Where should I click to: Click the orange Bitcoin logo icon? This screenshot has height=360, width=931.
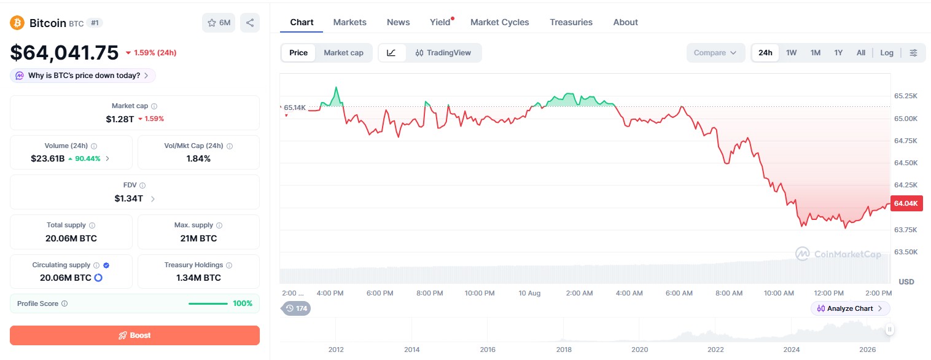click(x=17, y=23)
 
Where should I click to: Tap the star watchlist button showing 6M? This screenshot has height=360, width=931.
click(x=219, y=23)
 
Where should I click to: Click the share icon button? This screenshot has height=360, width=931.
click(x=250, y=23)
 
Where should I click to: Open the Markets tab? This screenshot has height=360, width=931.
click(x=349, y=23)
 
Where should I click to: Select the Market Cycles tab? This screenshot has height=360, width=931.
click(x=499, y=23)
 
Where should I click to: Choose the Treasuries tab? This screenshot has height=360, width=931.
click(x=571, y=23)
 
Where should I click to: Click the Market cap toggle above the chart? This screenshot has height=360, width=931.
click(x=343, y=53)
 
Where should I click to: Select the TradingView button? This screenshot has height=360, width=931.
click(x=443, y=53)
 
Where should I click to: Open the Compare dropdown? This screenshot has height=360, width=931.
click(x=715, y=53)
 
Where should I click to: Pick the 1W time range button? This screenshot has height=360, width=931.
click(x=791, y=53)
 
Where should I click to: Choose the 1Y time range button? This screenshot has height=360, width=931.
click(x=838, y=53)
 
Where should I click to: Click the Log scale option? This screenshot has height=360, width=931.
click(x=887, y=53)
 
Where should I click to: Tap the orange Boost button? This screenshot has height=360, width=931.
click(x=134, y=335)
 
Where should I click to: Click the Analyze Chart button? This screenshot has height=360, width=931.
click(x=849, y=308)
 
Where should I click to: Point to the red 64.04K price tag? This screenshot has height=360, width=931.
click(x=906, y=203)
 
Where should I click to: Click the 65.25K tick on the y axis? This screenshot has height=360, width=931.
click(x=906, y=96)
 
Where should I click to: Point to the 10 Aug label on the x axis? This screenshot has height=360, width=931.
click(x=529, y=293)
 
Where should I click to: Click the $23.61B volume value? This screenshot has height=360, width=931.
click(x=48, y=158)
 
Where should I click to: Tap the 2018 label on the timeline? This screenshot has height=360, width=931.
click(x=564, y=350)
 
